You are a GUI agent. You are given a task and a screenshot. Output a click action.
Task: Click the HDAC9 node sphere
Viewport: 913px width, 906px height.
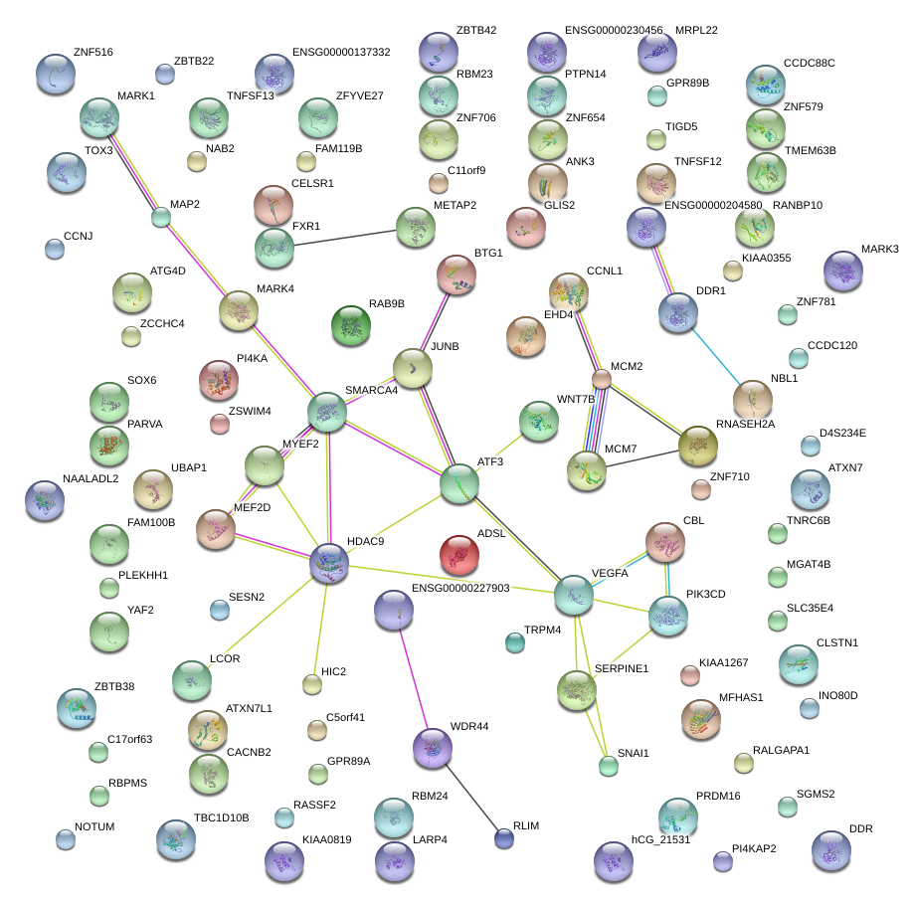(328, 563)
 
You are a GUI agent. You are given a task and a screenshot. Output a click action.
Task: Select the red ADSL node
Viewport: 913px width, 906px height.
(458, 554)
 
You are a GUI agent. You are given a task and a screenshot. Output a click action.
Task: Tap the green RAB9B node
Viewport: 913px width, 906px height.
(350, 324)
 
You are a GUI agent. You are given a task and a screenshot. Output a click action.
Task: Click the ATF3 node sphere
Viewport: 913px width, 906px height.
(459, 482)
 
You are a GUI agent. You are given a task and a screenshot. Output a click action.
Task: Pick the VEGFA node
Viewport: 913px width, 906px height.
(574, 594)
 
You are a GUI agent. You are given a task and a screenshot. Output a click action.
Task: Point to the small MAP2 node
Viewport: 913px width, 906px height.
(160, 216)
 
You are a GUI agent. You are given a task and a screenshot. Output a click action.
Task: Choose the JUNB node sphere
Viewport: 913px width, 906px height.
(412, 368)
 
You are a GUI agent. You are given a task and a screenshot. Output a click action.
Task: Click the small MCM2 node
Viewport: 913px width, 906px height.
(601, 378)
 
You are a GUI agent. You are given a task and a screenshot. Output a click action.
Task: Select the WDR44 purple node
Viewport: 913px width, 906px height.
(432, 748)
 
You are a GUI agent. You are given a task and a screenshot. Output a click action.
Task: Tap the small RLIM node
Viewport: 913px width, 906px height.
(504, 838)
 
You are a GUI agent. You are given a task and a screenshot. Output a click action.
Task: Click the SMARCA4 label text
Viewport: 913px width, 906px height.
(371, 391)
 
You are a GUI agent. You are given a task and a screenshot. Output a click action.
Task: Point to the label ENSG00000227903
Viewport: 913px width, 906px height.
(459, 589)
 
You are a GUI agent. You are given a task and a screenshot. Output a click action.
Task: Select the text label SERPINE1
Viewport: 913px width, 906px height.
(622, 669)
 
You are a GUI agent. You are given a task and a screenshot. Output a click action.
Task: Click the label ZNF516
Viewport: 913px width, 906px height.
(93, 52)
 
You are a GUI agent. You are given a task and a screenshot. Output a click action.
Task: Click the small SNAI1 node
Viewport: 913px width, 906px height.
(608, 765)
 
